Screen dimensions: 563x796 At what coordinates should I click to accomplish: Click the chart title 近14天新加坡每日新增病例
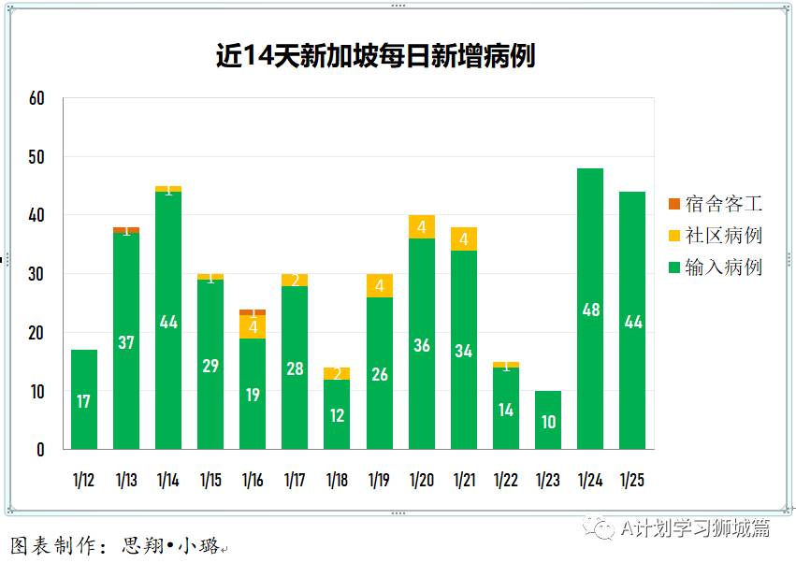(375, 57)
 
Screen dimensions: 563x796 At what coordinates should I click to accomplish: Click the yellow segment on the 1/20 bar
(422, 227)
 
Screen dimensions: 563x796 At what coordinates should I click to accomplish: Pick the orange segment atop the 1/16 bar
(253, 312)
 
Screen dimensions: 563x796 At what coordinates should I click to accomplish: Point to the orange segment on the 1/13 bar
(126, 229)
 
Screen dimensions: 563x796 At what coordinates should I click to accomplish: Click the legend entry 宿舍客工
(723, 203)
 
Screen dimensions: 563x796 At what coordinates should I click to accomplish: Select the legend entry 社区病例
(723, 235)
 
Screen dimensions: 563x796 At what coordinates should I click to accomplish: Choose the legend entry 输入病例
(723, 267)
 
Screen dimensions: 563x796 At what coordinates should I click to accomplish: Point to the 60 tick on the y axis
(36, 98)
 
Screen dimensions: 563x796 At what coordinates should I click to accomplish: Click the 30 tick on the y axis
(36, 274)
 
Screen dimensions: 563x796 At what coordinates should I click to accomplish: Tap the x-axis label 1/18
(337, 481)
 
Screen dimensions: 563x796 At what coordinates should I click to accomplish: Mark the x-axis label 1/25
(632, 481)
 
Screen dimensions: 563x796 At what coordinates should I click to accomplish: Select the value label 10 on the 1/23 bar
(548, 422)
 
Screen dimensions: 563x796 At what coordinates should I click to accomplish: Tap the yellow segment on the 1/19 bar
(380, 285)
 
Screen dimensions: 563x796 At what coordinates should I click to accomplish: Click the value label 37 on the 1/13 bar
(126, 342)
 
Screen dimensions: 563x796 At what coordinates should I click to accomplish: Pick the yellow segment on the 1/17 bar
(295, 280)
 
